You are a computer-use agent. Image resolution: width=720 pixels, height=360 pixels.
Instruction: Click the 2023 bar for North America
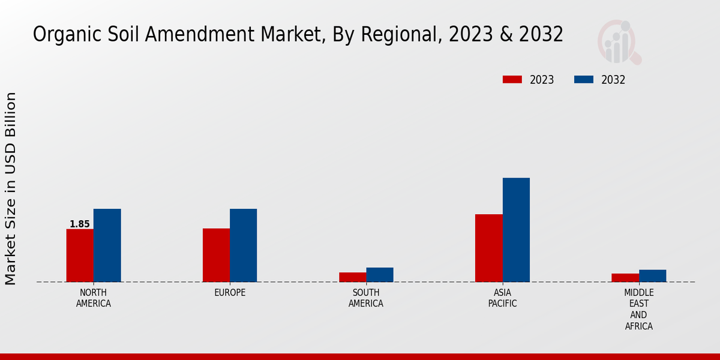coord(80,256)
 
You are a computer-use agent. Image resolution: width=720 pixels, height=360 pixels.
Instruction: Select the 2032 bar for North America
coord(107,245)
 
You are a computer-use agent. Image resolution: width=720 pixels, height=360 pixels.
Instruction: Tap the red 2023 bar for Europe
coord(216,255)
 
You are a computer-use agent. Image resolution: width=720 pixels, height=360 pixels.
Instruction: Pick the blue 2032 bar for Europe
coord(244,245)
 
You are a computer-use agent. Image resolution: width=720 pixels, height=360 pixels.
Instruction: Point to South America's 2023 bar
coord(352,277)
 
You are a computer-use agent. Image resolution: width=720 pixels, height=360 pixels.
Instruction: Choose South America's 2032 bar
coord(380,275)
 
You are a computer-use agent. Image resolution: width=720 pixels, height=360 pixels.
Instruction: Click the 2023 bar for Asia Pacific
coord(488,248)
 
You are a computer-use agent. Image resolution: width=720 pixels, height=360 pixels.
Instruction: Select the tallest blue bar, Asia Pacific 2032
coord(516,230)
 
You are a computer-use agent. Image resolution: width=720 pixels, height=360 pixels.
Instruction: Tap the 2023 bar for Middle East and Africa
coord(625,278)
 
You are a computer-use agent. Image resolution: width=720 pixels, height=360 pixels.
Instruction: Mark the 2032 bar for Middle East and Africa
coord(652,276)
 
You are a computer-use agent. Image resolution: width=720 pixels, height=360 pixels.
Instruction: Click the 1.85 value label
coord(80,224)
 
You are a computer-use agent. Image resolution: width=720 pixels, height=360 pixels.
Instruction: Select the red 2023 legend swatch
coord(512,80)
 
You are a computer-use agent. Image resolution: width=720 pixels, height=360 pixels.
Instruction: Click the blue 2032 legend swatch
coord(584,80)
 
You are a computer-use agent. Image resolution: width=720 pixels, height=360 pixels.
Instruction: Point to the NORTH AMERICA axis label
coord(94,298)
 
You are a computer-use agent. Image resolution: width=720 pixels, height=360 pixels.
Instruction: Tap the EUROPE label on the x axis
coord(230,293)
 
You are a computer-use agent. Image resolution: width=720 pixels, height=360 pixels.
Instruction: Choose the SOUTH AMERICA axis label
coord(366,298)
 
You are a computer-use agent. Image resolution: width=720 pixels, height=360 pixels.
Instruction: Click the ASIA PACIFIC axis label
coord(502,298)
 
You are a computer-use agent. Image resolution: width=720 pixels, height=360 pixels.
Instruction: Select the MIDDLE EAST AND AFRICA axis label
coord(638,310)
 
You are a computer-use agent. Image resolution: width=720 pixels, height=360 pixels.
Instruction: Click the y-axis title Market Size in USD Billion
coord(11,188)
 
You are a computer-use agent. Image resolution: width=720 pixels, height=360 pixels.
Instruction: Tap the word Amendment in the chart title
coord(199,35)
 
